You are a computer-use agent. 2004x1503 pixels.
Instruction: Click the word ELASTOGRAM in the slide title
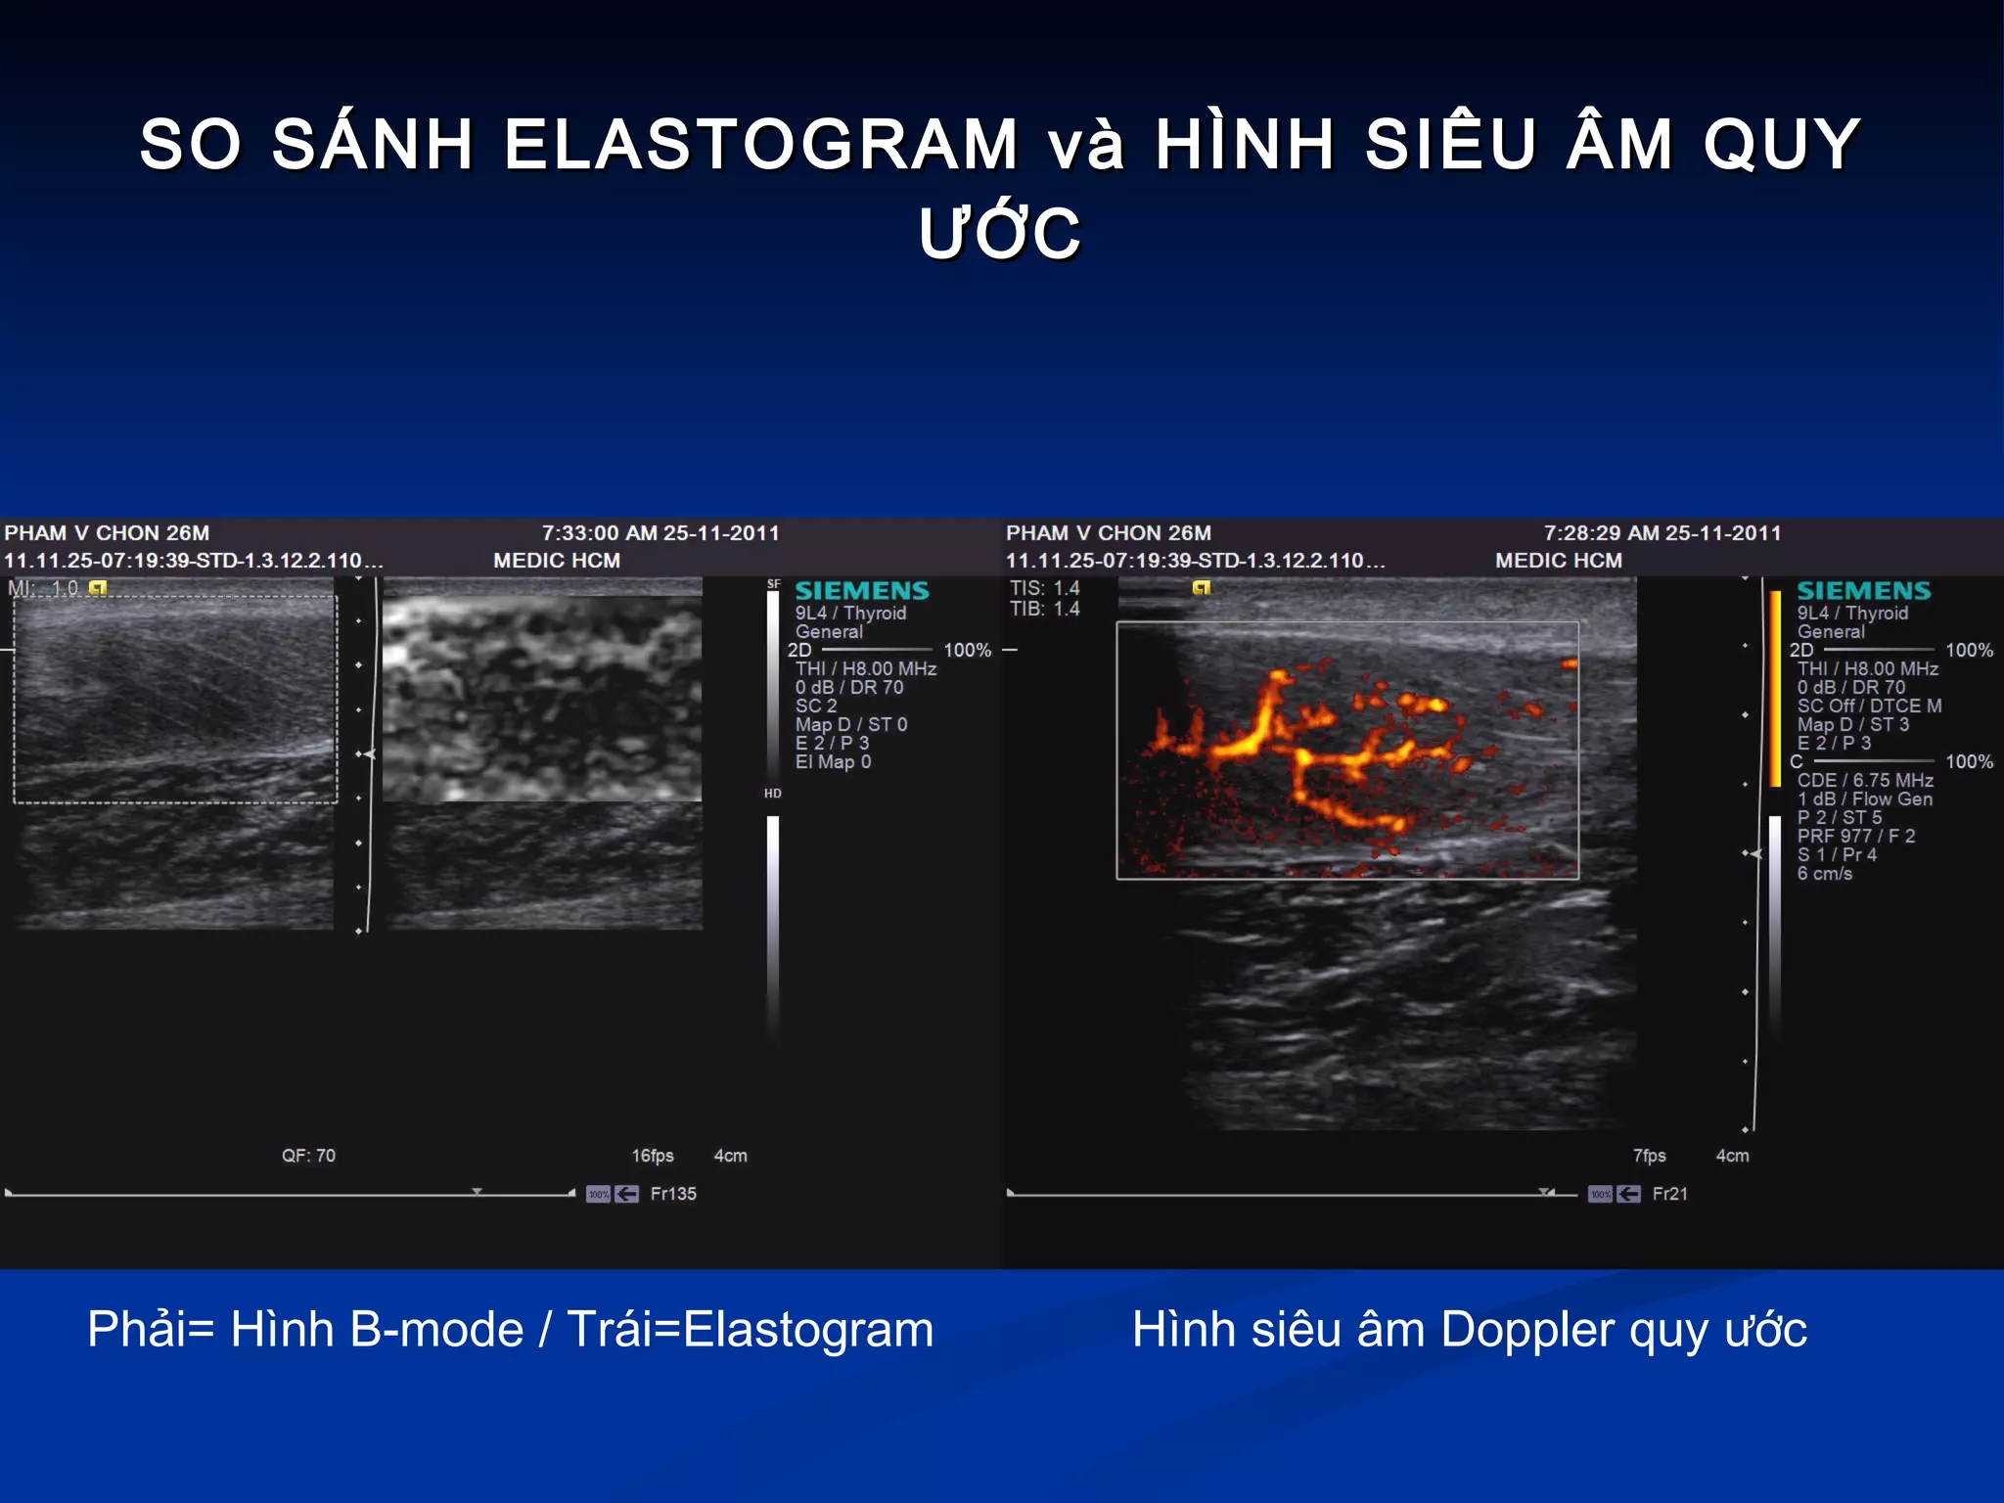click(x=761, y=145)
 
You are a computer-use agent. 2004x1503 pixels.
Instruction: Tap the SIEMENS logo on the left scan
click(x=861, y=591)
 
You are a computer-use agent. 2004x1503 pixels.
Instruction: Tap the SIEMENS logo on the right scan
click(x=1863, y=591)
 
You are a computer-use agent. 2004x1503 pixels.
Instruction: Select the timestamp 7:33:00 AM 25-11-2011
click(x=660, y=533)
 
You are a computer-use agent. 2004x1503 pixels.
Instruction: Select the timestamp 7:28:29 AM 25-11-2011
click(x=1662, y=533)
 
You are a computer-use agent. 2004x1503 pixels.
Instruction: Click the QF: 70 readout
click(x=308, y=1156)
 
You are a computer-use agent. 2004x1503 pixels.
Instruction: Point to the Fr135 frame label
click(x=673, y=1194)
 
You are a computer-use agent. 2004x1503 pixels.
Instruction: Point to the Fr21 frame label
click(x=1669, y=1194)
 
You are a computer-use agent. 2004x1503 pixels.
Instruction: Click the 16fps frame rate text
click(x=653, y=1156)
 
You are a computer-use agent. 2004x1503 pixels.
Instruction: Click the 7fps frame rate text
click(x=1649, y=1156)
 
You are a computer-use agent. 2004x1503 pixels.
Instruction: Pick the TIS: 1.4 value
click(x=1044, y=588)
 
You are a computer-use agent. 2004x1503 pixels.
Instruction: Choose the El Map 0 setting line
click(x=833, y=761)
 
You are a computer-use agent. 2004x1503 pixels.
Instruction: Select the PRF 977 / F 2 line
click(x=1855, y=836)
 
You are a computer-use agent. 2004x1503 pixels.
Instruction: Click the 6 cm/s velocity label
click(x=1824, y=873)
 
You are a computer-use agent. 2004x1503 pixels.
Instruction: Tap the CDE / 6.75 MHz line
click(x=1864, y=780)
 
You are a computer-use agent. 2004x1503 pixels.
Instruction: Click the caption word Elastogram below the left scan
click(x=808, y=1330)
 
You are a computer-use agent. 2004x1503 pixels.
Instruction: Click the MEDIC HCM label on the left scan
click(x=556, y=561)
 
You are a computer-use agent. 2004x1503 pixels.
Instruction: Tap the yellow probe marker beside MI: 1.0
click(x=98, y=588)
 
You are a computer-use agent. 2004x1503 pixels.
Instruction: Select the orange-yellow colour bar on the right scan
click(x=1775, y=687)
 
